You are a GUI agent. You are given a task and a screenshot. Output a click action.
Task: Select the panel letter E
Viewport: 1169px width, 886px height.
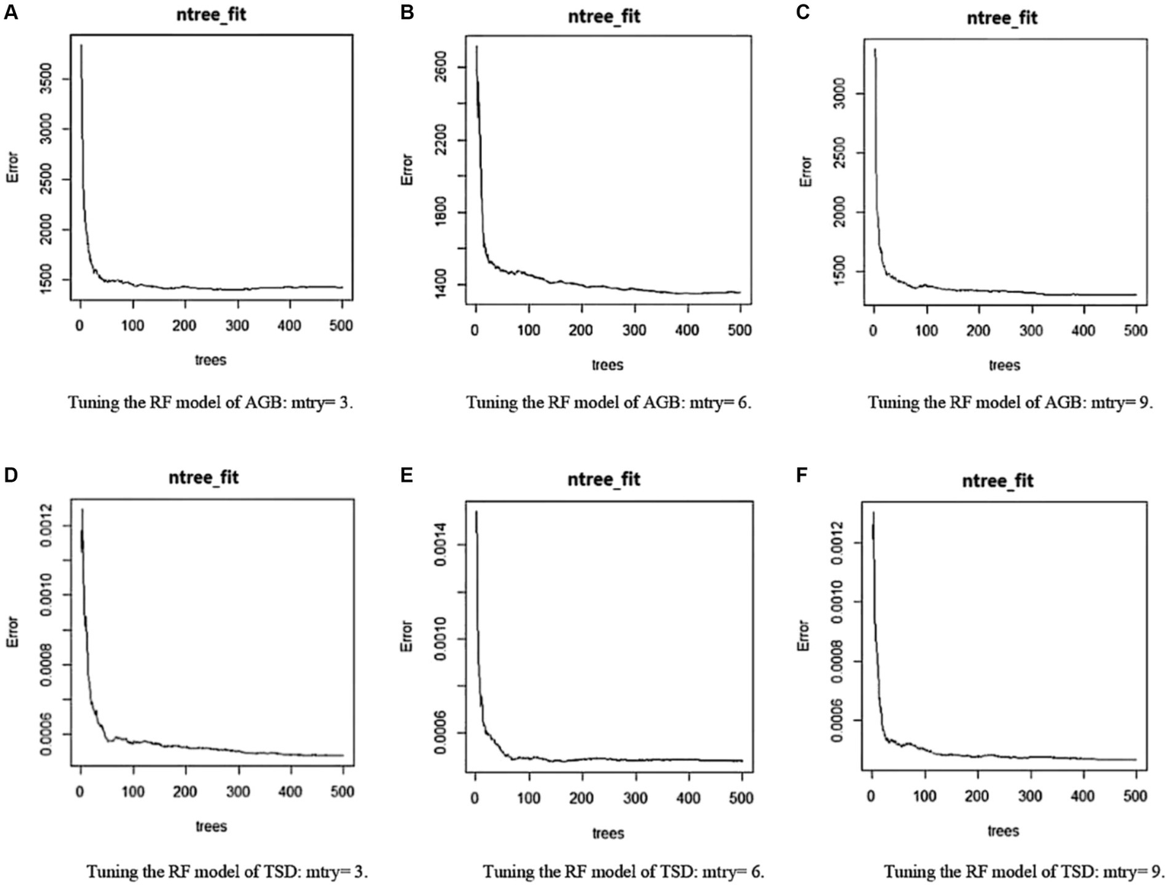pos(407,476)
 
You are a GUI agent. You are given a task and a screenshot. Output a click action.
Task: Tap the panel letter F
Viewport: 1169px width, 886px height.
pos(801,476)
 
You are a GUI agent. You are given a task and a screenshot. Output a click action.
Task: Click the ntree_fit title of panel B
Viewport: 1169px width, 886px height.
pos(605,16)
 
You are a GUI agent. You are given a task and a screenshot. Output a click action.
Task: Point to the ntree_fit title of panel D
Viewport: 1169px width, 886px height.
pos(203,477)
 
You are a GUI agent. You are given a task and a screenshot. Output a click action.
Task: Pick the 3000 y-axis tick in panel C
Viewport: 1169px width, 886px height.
pos(838,94)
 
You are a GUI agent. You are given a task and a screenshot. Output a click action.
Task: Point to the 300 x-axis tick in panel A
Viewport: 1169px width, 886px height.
pos(237,326)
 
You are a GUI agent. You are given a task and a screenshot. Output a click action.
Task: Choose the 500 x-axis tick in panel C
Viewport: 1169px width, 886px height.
pos(1135,330)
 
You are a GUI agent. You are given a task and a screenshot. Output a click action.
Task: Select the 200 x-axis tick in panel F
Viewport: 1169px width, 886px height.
pos(977,795)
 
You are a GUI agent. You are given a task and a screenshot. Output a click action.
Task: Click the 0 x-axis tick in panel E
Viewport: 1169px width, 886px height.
pos(475,798)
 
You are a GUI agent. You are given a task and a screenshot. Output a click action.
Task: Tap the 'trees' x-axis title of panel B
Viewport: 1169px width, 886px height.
pos(607,365)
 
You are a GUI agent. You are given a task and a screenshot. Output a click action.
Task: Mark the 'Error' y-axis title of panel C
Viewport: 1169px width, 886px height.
pos(805,171)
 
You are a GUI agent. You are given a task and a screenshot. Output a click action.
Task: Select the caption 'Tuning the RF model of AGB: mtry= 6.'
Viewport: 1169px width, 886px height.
pos(608,403)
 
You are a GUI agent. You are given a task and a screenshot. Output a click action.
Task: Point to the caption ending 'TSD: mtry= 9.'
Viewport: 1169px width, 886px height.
pos(1018,871)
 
